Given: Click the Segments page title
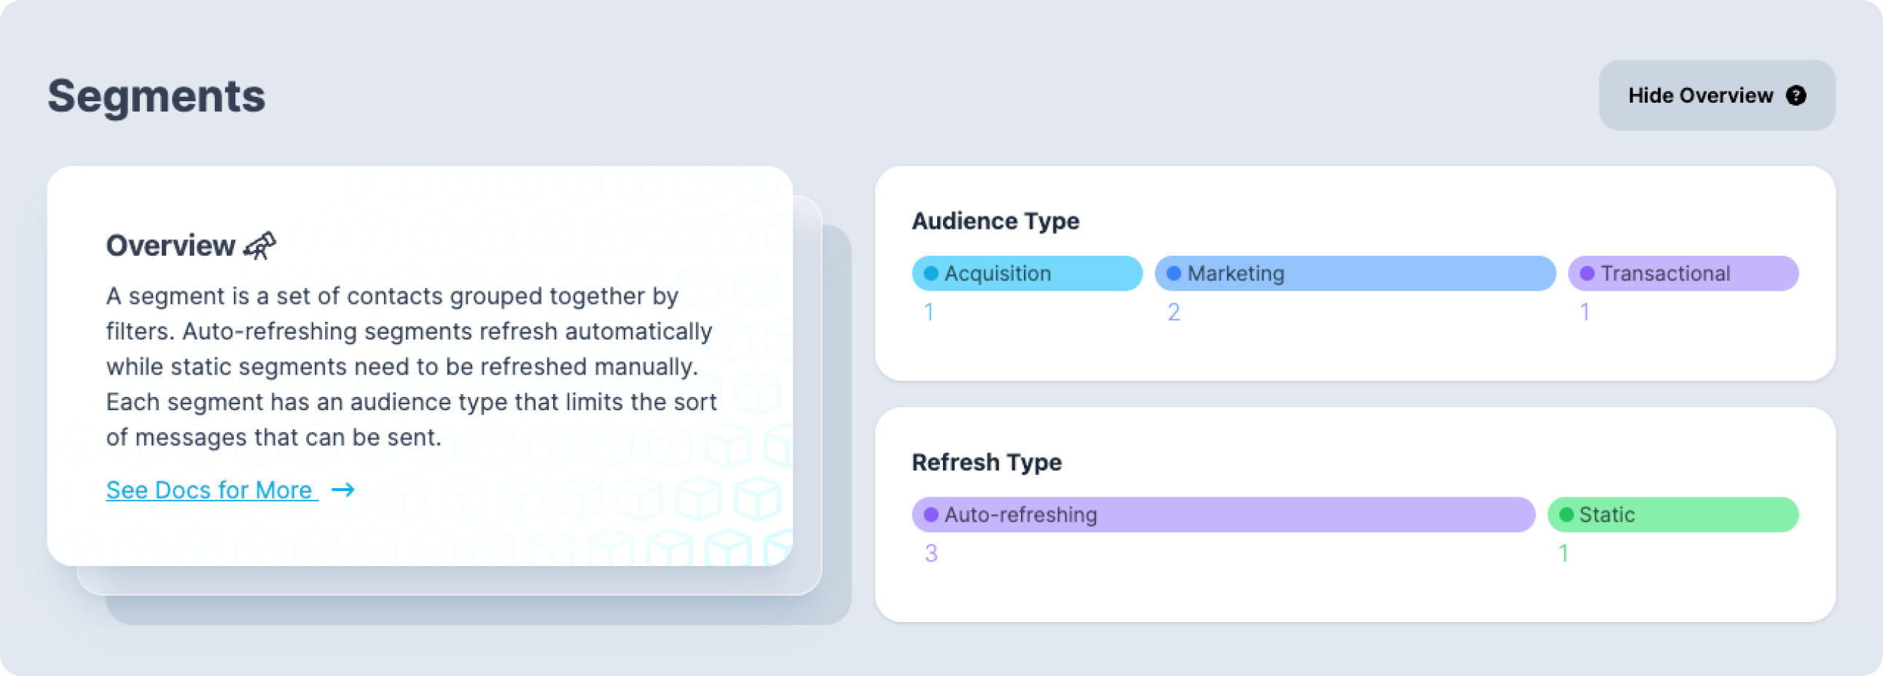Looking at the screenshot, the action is (x=157, y=96).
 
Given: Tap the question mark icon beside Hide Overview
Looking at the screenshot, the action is (x=1796, y=95).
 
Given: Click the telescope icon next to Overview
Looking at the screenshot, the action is (x=260, y=245).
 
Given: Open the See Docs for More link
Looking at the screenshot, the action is (x=211, y=490).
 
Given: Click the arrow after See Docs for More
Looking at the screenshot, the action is (x=342, y=490).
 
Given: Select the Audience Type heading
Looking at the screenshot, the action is (x=995, y=221).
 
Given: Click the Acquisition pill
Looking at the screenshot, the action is (x=1027, y=273).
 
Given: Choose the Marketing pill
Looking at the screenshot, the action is (x=1355, y=273).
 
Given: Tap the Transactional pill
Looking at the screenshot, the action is (x=1683, y=273).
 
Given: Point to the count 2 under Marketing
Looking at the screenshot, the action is (x=1174, y=312).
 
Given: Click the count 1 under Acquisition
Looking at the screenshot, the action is (x=929, y=312).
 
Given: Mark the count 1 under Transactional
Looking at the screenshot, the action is (x=1585, y=312).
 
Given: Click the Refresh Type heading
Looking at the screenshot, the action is (x=987, y=462).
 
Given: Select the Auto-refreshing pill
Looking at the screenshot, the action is (x=1224, y=514).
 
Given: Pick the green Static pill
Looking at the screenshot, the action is (x=1673, y=514).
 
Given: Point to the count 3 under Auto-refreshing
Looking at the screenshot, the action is (x=931, y=553).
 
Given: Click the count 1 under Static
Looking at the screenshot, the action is (x=1564, y=553).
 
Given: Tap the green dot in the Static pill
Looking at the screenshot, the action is (x=1567, y=514).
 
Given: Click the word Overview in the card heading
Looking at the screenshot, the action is (x=171, y=245).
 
